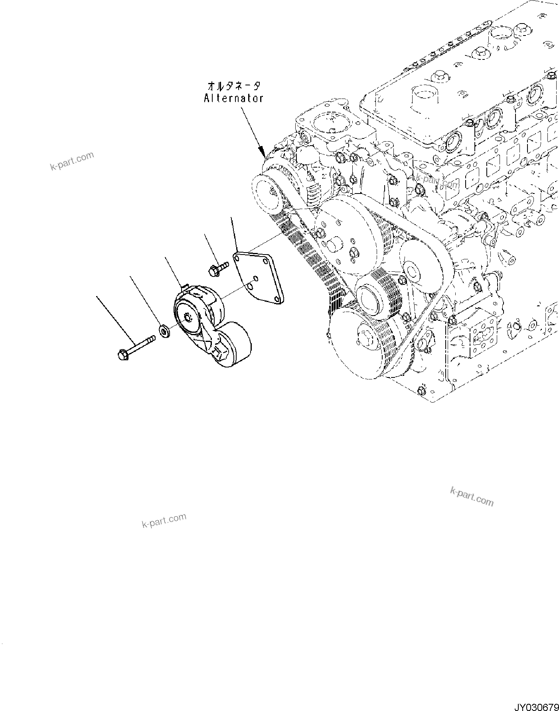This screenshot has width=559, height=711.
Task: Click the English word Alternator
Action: [233, 98]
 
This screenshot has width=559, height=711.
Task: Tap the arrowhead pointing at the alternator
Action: [262, 153]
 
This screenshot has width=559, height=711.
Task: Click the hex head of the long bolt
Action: [123, 354]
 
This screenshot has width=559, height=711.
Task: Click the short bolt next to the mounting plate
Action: [217, 268]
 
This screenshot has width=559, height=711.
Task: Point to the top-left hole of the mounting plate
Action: [238, 258]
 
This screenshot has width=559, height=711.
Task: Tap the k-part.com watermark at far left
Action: [72, 161]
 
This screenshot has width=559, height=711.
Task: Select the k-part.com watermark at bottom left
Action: [164, 520]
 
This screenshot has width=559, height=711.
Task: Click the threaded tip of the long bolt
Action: [152, 339]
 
